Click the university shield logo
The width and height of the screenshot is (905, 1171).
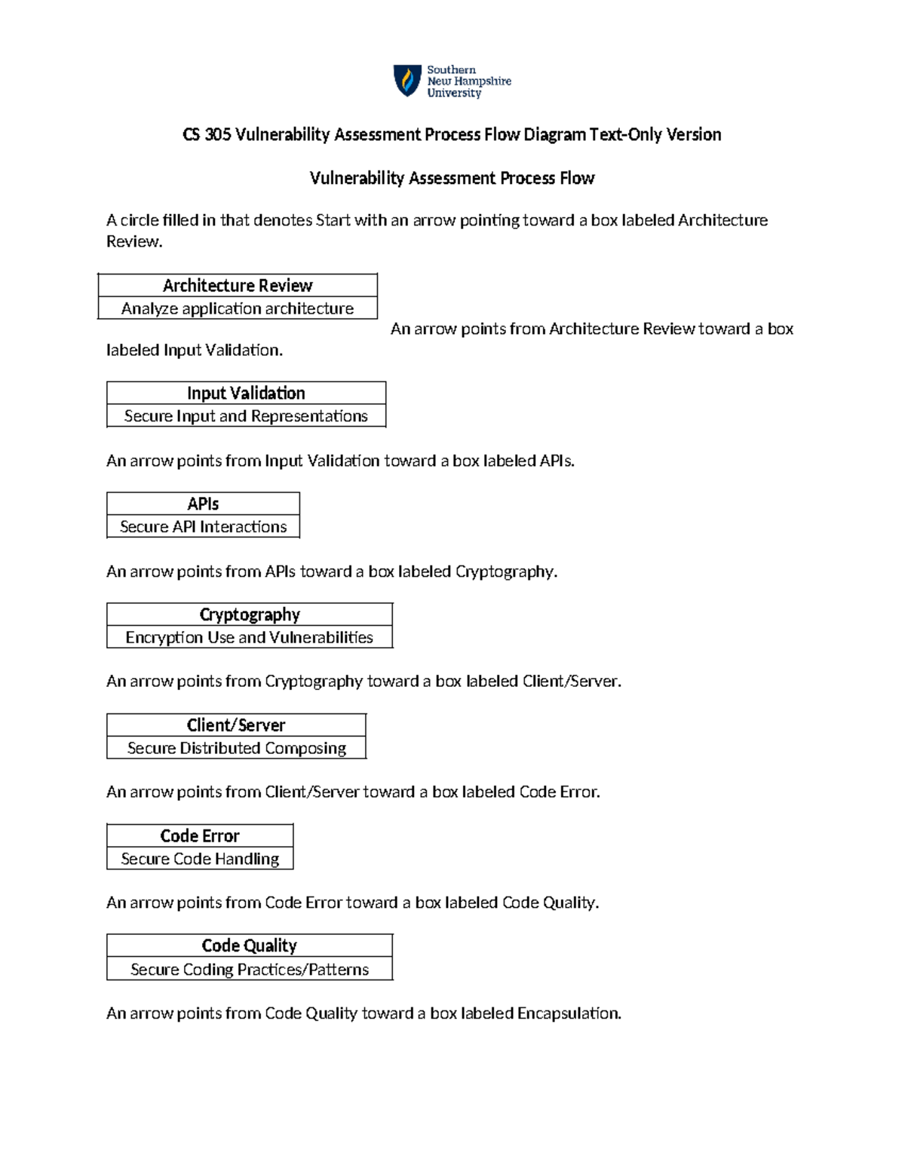[x=407, y=80]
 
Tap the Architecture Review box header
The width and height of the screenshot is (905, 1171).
[x=238, y=285]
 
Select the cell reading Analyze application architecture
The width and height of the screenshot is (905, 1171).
[x=238, y=308]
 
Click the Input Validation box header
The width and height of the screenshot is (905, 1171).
[x=246, y=393]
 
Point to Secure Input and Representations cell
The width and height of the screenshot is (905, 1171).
[x=246, y=416]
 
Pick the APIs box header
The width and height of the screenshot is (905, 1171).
[x=203, y=504]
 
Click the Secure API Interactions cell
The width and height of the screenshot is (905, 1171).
[x=203, y=526]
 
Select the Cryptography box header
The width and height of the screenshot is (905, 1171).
[x=250, y=615]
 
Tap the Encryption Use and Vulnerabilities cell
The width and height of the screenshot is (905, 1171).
[x=250, y=637]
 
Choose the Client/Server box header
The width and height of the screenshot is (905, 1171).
[x=236, y=725]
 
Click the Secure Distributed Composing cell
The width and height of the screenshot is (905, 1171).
[x=236, y=748]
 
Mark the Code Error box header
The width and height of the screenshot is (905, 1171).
[x=200, y=835]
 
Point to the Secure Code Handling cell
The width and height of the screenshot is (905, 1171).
[x=200, y=859]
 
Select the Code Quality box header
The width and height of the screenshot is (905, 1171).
[x=250, y=946]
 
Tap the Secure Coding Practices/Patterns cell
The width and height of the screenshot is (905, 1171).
[x=250, y=969]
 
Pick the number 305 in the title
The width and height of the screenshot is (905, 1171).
[x=218, y=134]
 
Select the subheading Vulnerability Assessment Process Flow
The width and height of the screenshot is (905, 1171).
[x=452, y=178]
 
